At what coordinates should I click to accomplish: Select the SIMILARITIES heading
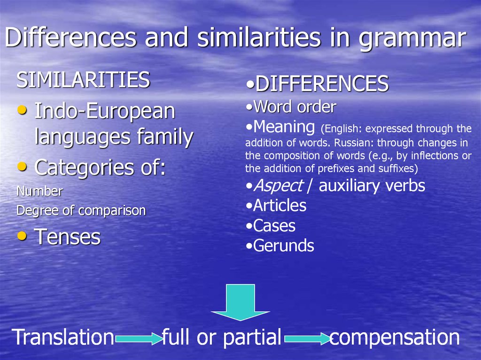click(x=83, y=80)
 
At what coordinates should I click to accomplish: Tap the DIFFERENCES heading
click(x=322, y=84)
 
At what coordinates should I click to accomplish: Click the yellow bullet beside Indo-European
click(x=22, y=109)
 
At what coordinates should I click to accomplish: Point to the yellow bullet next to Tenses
click(x=22, y=236)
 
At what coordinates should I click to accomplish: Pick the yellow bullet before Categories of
click(x=22, y=167)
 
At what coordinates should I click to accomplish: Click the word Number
click(x=39, y=191)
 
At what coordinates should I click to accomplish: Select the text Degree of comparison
click(x=81, y=211)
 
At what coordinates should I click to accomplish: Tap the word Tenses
click(x=68, y=237)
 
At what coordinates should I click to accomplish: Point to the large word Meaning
click(x=284, y=127)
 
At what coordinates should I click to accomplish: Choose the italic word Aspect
click(x=279, y=186)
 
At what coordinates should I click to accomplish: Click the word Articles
click(x=280, y=206)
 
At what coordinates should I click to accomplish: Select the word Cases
click(x=274, y=226)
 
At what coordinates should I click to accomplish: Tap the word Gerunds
click(x=284, y=246)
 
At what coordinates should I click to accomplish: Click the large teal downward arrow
click(x=240, y=302)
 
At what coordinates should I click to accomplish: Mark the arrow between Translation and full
click(x=139, y=339)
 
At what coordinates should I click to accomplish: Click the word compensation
click(x=395, y=337)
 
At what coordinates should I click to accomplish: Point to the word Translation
click(x=63, y=337)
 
